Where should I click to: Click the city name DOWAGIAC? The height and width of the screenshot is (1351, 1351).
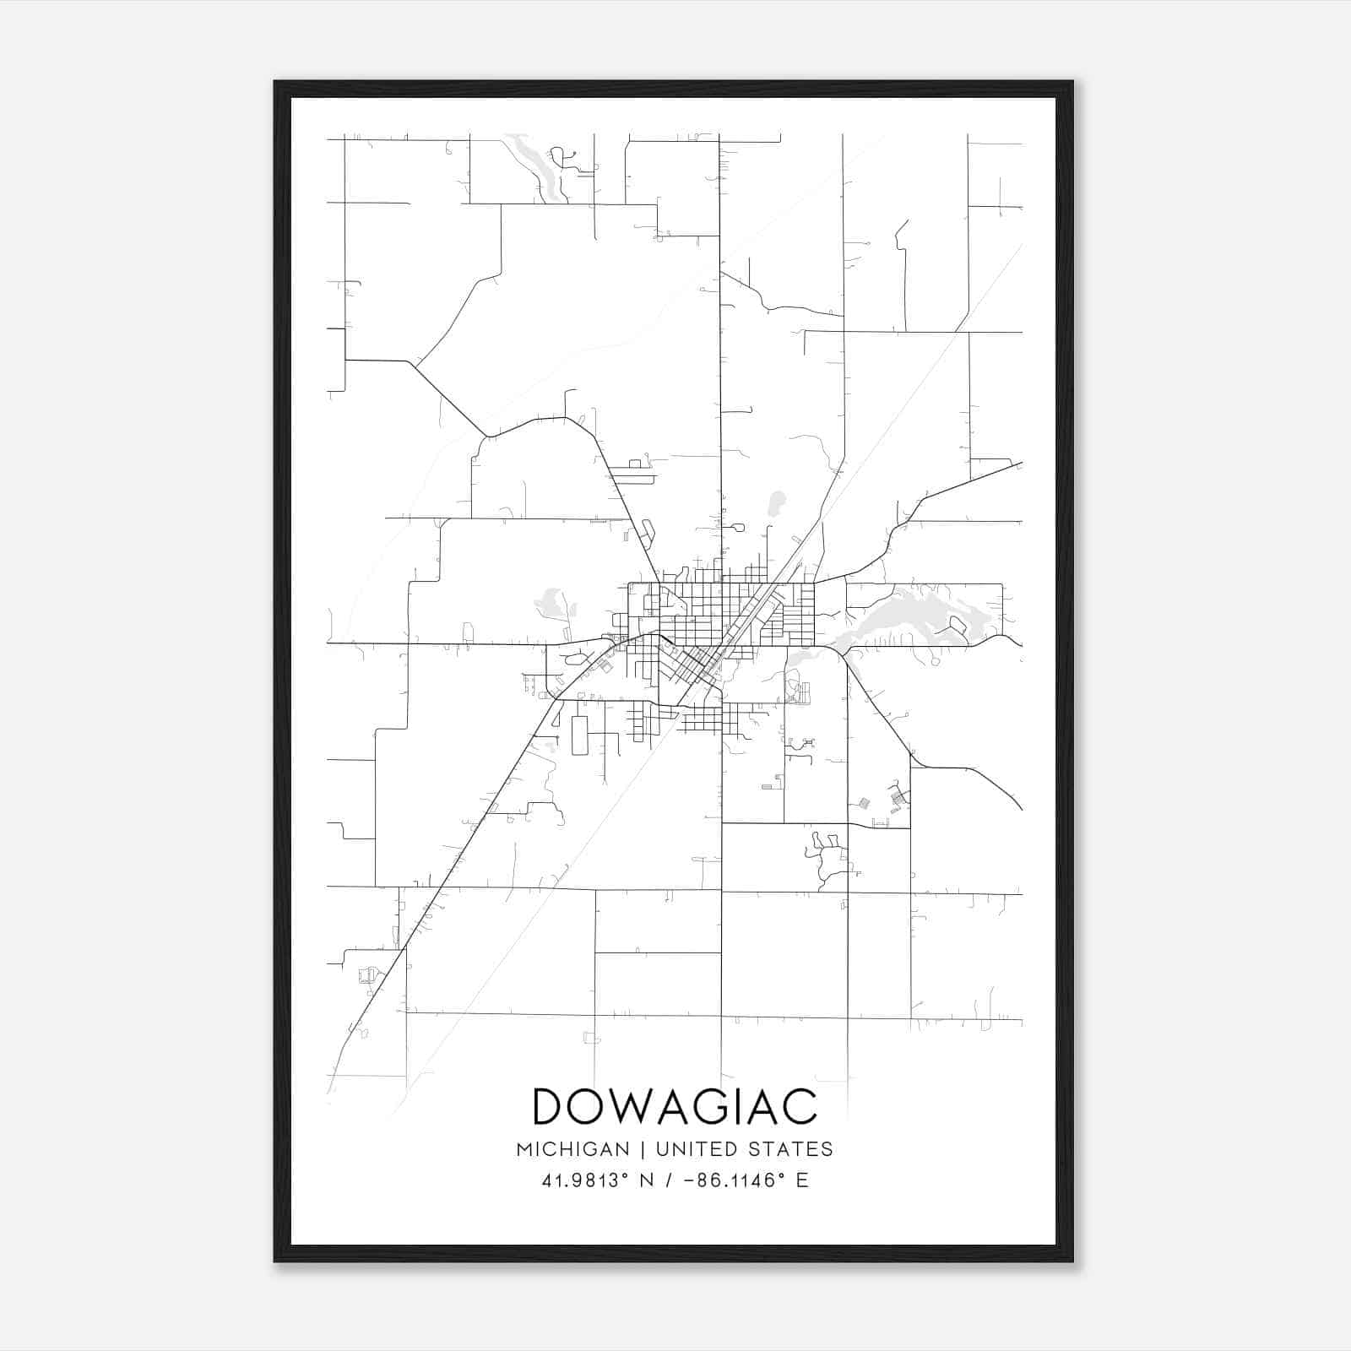[675, 1106]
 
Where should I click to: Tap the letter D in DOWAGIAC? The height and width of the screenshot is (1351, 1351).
[551, 1106]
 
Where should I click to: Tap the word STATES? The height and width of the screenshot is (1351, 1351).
[790, 1149]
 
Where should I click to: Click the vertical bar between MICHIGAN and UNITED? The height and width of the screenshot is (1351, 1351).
[643, 1149]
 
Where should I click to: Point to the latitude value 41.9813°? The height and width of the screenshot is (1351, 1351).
[586, 1180]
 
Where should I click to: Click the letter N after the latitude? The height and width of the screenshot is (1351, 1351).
[647, 1180]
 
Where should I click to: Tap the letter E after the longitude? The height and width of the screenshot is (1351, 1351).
[801, 1180]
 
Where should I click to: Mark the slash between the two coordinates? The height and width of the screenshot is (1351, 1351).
[668, 1180]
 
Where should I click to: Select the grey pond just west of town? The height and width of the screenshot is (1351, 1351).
[552, 605]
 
